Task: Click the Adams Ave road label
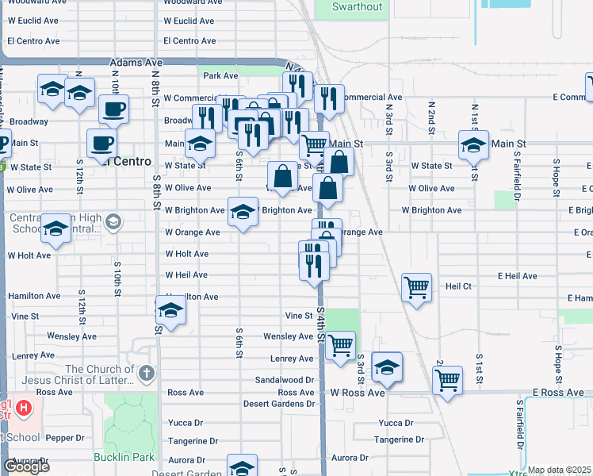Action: pos(136,61)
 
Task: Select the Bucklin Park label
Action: pos(123,458)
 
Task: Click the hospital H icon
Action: pos(25,409)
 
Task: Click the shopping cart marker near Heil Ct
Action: pos(416,286)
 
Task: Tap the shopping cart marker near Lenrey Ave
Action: pos(340,345)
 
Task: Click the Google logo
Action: pos(26,466)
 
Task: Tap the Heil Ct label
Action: pos(458,286)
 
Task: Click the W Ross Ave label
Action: pos(358,393)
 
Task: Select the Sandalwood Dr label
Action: pos(285,380)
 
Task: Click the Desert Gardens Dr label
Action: pos(278,404)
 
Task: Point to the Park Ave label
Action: pos(220,76)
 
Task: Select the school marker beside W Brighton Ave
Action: pos(243,211)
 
